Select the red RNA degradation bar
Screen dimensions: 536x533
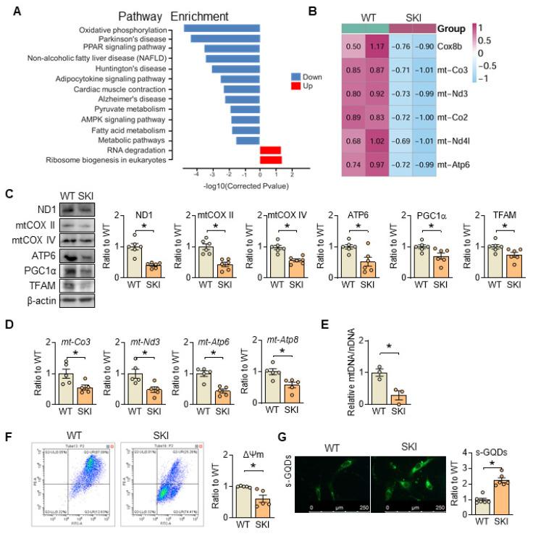point(271,150)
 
